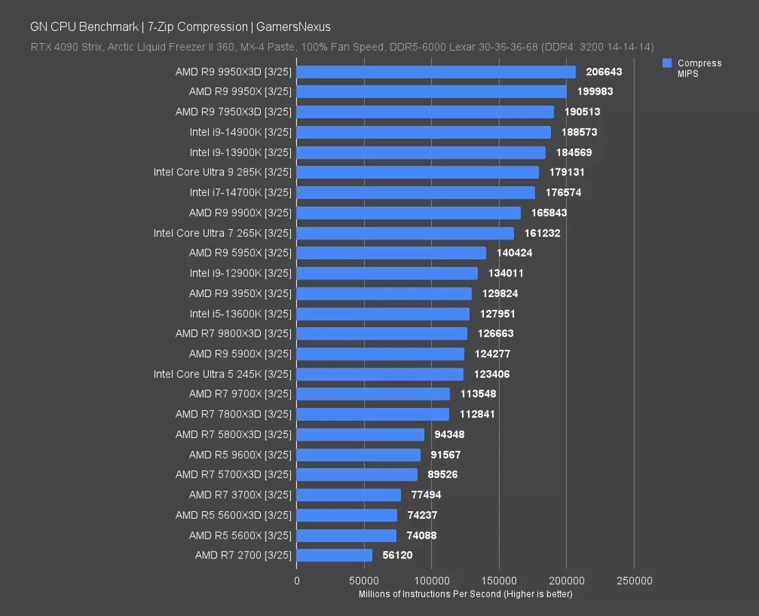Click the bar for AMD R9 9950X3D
tap(436, 72)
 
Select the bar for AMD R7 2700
tap(335, 555)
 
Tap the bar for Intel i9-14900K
tap(424, 132)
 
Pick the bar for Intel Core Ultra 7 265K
tap(405, 233)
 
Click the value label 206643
tap(604, 72)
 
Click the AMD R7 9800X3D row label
tap(233, 334)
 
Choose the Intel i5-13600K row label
tap(240, 313)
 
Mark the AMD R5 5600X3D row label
tap(233, 515)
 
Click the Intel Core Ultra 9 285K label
tap(222, 172)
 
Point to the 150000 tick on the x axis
tap(499, 581)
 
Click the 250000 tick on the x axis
tap(634, 581)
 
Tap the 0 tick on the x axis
tap(296, 581)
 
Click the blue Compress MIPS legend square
tap(667, 63)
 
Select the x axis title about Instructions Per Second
tap(465, 594)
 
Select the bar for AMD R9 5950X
tap(391, 253)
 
